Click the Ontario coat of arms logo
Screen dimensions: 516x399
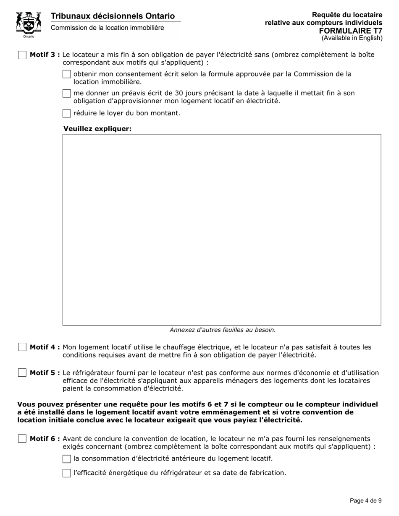coord(29,24)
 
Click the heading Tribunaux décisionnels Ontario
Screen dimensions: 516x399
coord(113,16)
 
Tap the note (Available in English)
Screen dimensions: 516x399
coord(352,38)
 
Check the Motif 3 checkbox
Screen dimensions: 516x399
coord(22,55)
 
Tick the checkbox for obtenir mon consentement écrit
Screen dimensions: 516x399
coord(66,74)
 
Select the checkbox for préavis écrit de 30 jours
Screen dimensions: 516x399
coord(66,94)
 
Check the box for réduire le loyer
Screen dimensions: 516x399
coord(66,113)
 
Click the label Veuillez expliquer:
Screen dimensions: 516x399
coord(97,128)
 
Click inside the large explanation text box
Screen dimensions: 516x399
coord(222,229)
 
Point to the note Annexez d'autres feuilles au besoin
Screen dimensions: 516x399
coord(223,330)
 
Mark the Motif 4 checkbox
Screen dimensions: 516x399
coord(22,347)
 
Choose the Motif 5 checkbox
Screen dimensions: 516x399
coord(22,373)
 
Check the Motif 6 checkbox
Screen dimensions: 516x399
coord(22,439)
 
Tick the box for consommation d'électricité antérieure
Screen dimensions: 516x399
coord(66,459)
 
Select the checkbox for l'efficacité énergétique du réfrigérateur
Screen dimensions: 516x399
coord(66,473)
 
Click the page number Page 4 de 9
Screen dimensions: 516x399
coord(365,500)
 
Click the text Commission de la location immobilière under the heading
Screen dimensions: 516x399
coord(108,28)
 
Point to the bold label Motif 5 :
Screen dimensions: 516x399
coord(45,373)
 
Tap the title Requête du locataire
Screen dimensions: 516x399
coord(347,15)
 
